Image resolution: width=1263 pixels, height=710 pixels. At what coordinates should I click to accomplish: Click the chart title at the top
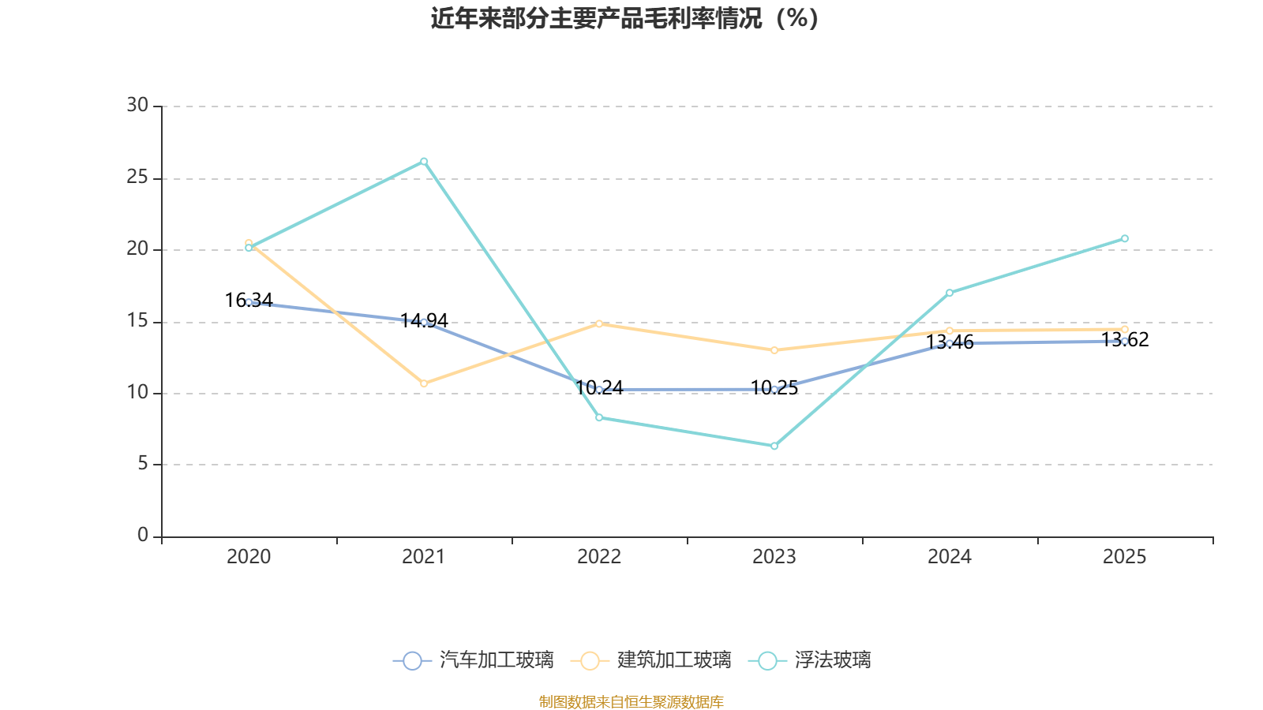[x=624, y=18]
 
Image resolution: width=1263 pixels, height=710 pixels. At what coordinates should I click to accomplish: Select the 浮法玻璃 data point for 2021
[x=424, y=162]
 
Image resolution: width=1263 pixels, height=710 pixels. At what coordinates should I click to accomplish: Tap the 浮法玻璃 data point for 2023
[x=774, y=447]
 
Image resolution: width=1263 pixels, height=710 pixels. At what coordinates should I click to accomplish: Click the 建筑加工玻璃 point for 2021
[x=424, y=383]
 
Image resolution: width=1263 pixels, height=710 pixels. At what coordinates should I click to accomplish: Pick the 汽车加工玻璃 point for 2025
[x=1125, y=341]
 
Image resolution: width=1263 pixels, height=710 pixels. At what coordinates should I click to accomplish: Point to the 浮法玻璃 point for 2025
[x=1125, y=238]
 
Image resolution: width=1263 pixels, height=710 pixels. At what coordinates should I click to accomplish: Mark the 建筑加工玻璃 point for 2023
[x=774, y=350]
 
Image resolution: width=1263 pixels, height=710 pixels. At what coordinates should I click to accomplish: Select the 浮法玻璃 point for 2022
[x=599, y=417]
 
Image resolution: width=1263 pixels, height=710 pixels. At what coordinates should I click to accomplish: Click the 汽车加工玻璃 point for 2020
[x=249, y=302]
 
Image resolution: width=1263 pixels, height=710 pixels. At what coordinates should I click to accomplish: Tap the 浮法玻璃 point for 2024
[x=950, y=293]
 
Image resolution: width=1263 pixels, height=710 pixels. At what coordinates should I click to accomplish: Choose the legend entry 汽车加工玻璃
[x=474, y=660]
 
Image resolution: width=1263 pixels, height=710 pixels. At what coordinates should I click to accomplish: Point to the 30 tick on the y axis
[x=137, y=105]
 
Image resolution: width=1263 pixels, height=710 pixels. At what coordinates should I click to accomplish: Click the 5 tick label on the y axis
[x=143, y=464]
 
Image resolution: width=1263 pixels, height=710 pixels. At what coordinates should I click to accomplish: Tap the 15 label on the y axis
[x=137, y=320]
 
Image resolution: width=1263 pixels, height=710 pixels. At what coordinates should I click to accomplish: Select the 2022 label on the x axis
[x=599, y=557]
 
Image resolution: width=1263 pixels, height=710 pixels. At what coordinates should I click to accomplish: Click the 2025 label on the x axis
[x=1125, y=557]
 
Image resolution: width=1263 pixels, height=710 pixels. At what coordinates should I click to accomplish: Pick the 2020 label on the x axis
[x=249, y=557]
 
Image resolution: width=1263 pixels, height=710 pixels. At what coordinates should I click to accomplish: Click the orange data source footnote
[x=631, y=701]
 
